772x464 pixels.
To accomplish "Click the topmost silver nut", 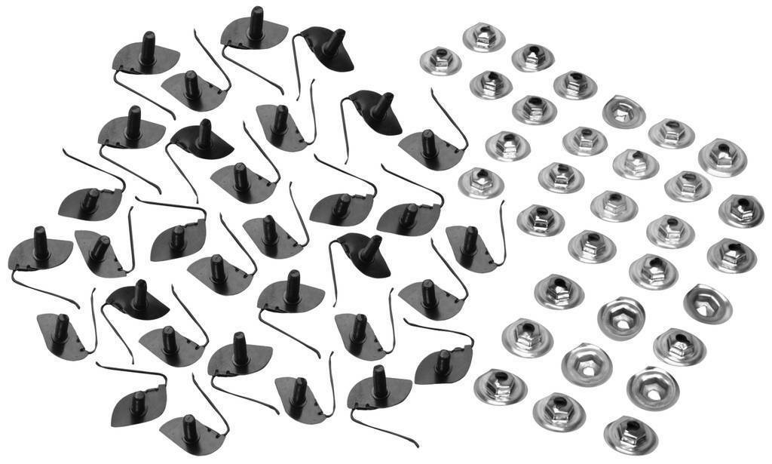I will (483, 36).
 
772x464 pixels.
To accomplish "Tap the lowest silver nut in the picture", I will (630, 434).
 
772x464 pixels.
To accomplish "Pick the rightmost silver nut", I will (740, 210).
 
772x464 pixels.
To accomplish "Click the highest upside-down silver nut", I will (623, 112).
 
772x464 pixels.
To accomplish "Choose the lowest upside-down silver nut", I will (653, 387).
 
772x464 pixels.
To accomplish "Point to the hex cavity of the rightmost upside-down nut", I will (707, 303).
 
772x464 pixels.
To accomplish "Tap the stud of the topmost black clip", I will (255, 23).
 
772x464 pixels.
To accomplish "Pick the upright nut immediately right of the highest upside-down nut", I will (670, 133).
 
